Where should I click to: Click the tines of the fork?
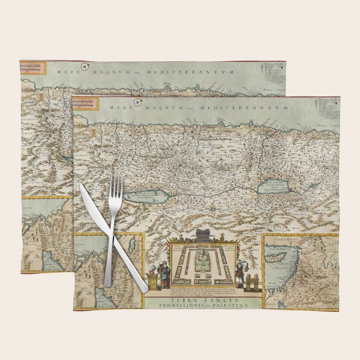(x=116, y=186)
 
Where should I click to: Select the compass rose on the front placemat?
(x=137, y=102)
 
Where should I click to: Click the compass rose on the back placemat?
(x=84, y=66)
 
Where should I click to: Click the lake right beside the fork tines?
(x=144, y=196)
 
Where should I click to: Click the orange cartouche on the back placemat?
(x=33, y=67)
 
